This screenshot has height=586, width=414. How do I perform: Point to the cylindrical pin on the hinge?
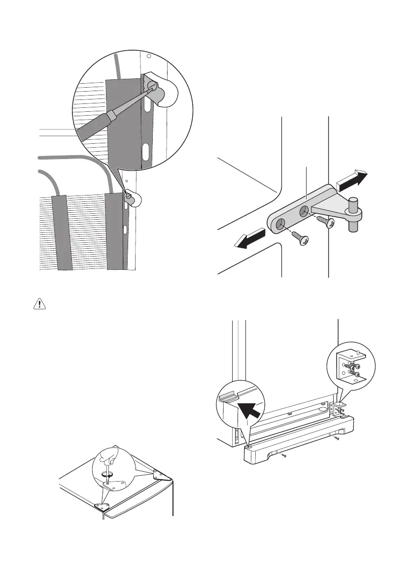(x=354, y=213)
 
